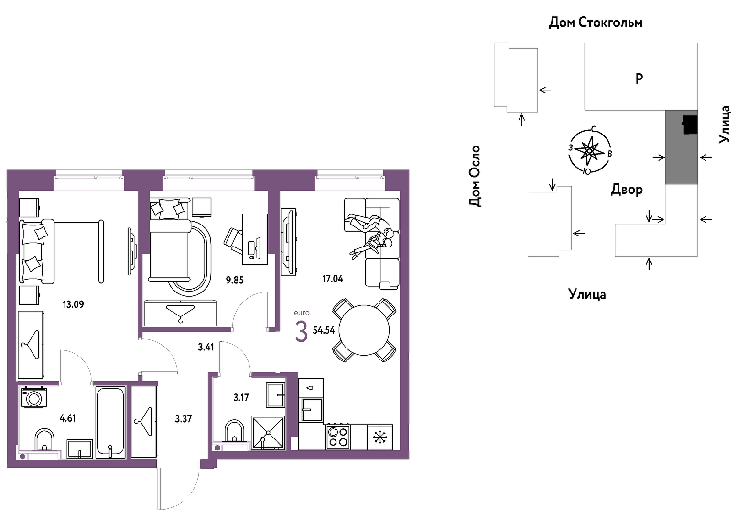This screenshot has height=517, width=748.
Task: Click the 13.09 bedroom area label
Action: click(73, 304)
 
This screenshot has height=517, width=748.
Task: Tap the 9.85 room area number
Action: click(235, 280)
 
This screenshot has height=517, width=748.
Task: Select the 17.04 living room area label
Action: click(333, 279)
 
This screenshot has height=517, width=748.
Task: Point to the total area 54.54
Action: click(324, 330)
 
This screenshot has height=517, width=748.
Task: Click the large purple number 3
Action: click(301, 332)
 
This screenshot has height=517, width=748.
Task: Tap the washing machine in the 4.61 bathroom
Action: click(34, 397)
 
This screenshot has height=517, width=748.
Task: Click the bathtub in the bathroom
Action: click(110, 422)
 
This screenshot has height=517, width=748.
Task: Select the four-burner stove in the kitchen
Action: click(337, 437)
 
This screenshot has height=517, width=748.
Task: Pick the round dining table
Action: click(364, 330)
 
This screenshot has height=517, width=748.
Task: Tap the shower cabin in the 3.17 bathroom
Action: click(268, 432)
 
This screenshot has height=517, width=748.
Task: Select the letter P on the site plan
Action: click(639, 79)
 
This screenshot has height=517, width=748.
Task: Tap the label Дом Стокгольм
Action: click(596, 22)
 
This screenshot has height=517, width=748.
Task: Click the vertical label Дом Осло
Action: click(475, 176)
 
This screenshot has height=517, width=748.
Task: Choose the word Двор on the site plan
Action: click(627, 190)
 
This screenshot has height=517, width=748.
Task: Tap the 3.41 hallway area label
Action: click(206, 347)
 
